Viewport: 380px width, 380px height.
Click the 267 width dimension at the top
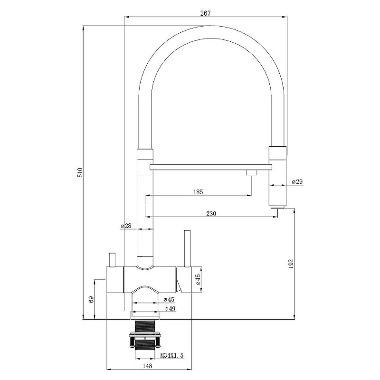click(205, 13)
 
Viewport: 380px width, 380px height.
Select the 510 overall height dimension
click(80, 172)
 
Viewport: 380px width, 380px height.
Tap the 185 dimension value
click(198, 192)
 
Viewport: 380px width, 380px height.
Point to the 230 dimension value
click(211, 213)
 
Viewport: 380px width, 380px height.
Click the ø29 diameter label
click(297, 181)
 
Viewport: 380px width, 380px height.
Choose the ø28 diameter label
click(126, 226)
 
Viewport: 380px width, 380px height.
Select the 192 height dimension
click(291, 264)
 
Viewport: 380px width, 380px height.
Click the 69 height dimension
click(91, 299)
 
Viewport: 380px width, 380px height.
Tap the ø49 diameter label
click(170, 309)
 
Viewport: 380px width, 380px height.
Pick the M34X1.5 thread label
click(172, 355)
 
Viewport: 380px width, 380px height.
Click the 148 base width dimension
click(147, 366)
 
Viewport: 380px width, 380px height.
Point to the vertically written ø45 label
click(198, 279)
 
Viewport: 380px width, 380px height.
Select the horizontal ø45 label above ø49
click(169, 300)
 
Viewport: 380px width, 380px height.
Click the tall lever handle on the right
click(187, 248)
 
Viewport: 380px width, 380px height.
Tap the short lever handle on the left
click(112, 260)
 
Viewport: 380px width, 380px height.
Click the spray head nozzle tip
click(278, 207)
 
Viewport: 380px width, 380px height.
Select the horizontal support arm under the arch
click(211, 167)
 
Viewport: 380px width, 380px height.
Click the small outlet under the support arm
click(251, 172)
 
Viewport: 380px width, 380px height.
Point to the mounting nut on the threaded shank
click(145, 336)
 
